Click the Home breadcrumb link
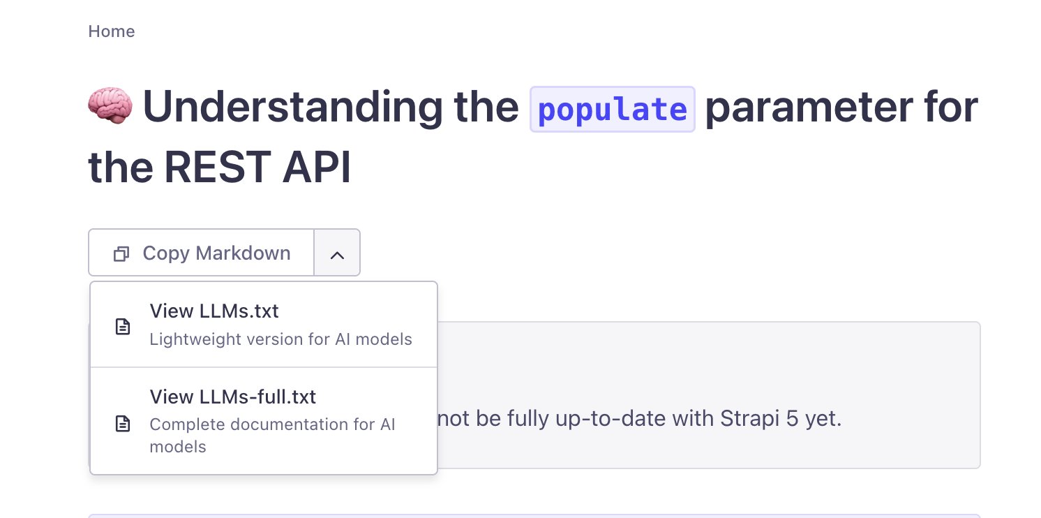112,31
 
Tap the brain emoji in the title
110,105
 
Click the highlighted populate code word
613,110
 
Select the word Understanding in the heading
292,107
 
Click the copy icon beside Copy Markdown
121,253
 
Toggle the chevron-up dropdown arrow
338,255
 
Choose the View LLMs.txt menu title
214,311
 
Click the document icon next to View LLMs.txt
123,327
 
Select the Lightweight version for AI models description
280,339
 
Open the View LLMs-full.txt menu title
233,397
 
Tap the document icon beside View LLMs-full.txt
123,424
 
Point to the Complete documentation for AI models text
272,435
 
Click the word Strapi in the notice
749,418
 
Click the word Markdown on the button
243,253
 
